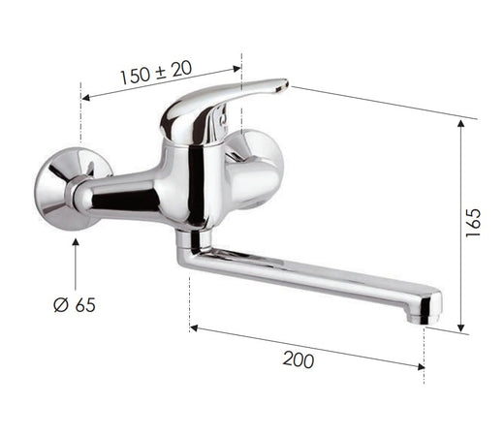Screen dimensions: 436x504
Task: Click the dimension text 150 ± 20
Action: pos(155,75)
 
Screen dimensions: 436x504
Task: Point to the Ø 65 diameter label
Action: pos(74,305)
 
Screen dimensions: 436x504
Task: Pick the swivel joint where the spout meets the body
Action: pos(194,236)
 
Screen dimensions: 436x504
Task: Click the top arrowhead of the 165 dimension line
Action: pos(461,124)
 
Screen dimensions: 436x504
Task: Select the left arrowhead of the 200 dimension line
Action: pos(195,328)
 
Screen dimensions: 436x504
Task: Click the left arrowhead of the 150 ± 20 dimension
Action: pos(86,97)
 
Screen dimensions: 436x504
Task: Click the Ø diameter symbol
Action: pos(58,305)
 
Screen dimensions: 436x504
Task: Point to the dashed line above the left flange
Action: pos(77,116)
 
